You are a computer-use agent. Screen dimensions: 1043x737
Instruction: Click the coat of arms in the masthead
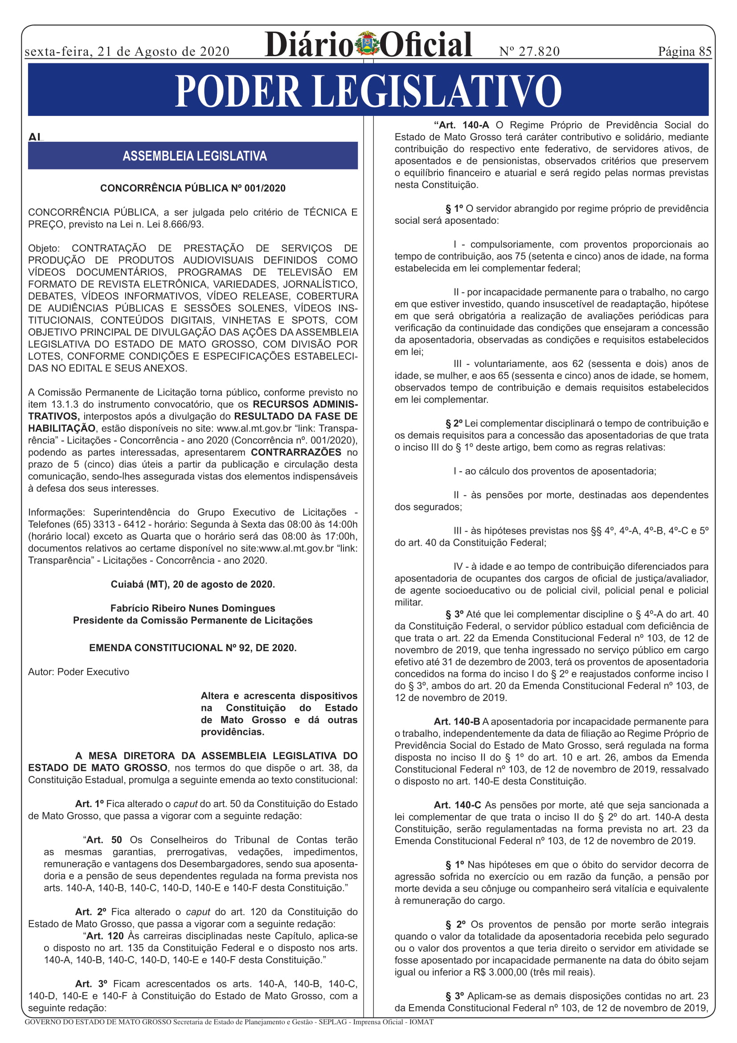367,44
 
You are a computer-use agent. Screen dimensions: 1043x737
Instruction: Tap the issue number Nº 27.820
529,51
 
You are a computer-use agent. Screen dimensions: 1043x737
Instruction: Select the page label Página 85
684,51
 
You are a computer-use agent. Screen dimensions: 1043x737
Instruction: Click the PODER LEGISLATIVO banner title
368,91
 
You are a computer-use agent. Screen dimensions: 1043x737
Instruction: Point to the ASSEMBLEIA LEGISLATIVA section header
194,156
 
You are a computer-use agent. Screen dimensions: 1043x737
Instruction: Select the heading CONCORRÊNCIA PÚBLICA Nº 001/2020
192,188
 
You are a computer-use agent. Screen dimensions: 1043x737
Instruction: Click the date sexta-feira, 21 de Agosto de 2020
127,51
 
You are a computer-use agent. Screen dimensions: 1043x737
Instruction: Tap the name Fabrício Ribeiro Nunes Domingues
192,608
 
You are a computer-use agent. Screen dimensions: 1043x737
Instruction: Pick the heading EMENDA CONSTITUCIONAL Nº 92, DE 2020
192,648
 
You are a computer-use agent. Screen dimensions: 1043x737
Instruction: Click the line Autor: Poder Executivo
78,672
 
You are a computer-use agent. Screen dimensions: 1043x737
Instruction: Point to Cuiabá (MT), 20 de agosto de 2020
192,584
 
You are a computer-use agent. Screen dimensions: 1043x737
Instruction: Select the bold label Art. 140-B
457,721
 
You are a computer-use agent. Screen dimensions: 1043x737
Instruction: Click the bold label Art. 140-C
457,805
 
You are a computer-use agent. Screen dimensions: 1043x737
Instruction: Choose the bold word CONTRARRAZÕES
296,453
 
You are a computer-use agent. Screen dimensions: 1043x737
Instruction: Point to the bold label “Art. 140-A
461,125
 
